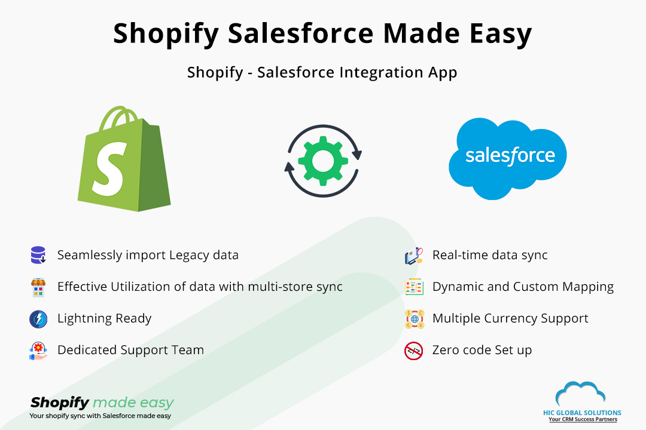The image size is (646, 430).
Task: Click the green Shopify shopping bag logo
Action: [x=124, y=160]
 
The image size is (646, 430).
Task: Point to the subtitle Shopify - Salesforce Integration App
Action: [x=322, y=72]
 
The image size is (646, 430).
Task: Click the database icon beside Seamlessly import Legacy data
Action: [x=38, y=255]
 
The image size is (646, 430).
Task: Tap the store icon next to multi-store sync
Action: [x=38, y=287]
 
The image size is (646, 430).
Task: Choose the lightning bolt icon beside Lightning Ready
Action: [x=38, y=319]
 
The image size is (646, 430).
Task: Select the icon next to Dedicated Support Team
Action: [x=38, y=351]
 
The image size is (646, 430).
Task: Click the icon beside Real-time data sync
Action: [x=413, y=256]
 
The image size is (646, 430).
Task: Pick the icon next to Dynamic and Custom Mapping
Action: [x=413, y=287]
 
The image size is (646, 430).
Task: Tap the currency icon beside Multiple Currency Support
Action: [x=413, y=319]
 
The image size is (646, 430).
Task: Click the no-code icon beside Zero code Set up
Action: [x=413, y=351]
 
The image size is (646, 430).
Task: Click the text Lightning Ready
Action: [x=104, y=318]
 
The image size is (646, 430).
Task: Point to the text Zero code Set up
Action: [x=482, y=350]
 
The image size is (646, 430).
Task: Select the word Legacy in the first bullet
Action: [x=190, y=256]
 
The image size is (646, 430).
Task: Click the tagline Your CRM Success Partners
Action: [x=583, y=420]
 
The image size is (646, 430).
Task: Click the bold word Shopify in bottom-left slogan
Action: [x=60, y=403]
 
